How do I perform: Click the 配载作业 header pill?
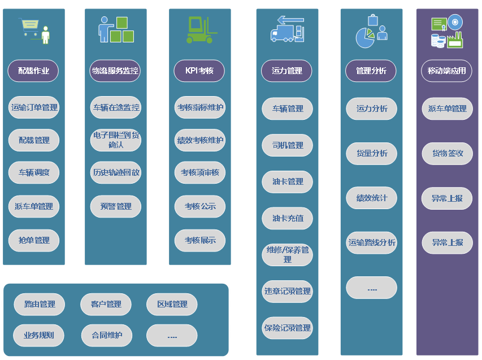point(34,71)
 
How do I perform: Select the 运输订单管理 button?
point(34,107)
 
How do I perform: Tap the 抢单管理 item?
point(34,240)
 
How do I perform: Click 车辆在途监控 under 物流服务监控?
point(116,107)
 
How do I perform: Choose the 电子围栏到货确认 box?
point(116,140)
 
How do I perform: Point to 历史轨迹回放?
point(116,172)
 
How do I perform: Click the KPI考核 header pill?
point(199,71)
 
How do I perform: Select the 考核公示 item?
point(199,206)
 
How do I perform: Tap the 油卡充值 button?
point(288,218)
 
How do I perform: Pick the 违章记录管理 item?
point(288,291)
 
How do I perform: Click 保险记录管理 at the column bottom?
point(288,328)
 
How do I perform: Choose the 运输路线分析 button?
point(372,242)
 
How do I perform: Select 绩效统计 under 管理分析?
point(372,198)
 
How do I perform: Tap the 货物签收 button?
point(448,153)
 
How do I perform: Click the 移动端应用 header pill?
point(446,71)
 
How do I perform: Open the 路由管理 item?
point(40,304)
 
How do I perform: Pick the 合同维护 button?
point(106,335)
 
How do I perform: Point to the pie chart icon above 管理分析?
point(365,38)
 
